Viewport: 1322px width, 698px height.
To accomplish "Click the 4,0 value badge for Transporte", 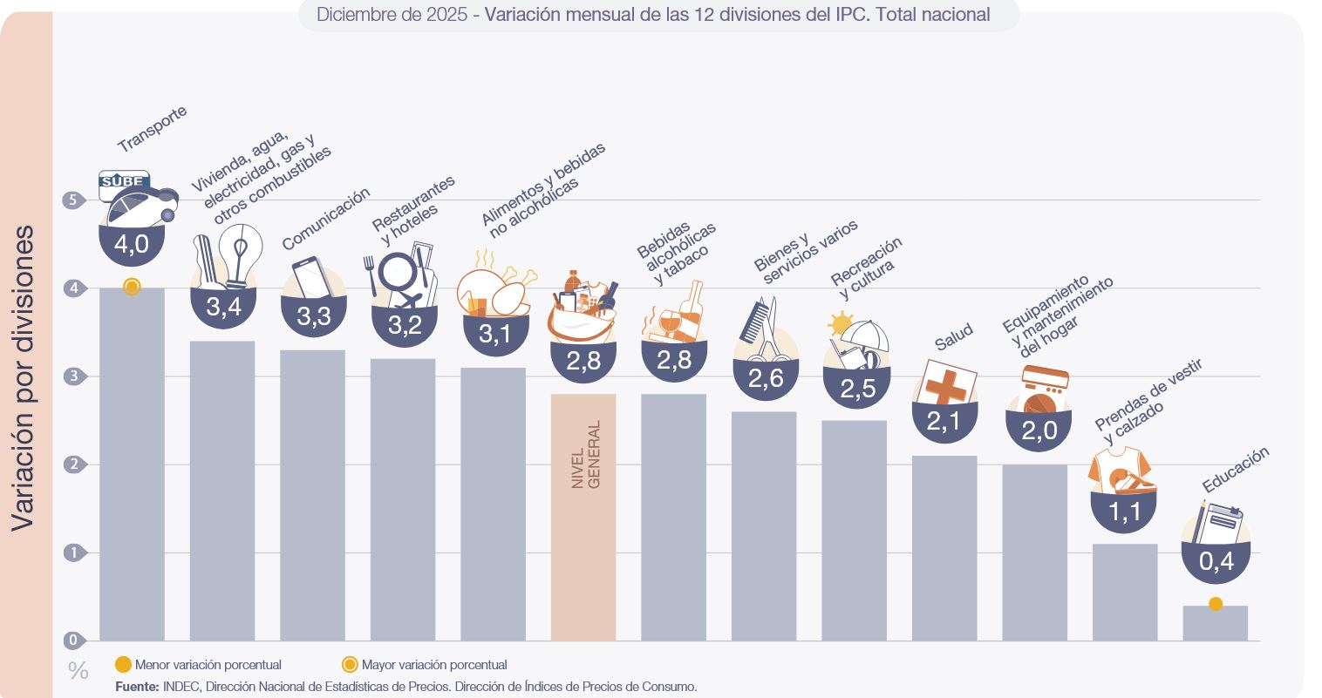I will pyautogui.click(x=132, y=244).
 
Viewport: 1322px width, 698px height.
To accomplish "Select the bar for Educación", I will pyautogui.click(x=1215, y=624).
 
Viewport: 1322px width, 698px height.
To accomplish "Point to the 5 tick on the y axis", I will pyautogui.click(x=72, y=200).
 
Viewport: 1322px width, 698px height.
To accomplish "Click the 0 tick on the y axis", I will pyautogui.click(x=72, y=640).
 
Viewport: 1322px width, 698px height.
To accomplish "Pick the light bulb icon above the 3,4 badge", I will pyautogui.click(x=241, y=254).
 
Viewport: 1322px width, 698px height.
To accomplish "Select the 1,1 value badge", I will pyautogui.click(x=1124, y=511).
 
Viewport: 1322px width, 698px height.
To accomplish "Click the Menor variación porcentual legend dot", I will pyautogui.click(x=123, y=665).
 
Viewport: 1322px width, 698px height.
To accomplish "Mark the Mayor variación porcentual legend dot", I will pyautogui.click(x=350, y=665).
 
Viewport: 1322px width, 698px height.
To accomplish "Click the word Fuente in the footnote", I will pyautogui.click(x=137, y=687).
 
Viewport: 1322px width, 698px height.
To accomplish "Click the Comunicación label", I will pyautogui.click(x=326, y=219).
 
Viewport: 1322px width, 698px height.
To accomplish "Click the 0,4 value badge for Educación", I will pyautogui.click(x=1216, y=562).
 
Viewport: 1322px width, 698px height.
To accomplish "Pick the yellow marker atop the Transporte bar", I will pyautogui.click(x=132, y=287).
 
